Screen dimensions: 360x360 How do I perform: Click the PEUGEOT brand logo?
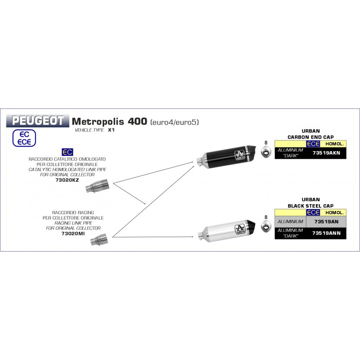[x=38, y=121]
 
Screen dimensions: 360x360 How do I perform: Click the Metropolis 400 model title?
[x=109, y=121]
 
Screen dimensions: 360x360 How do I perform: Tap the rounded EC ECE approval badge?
[x=24, y=138]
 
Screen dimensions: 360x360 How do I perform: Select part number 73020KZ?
[x=67, y=180]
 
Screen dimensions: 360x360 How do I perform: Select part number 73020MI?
[x=73, y=234]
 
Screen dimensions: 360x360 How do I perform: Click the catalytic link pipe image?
[x=97, y=185]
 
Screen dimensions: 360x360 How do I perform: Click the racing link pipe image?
[x=99, y=240]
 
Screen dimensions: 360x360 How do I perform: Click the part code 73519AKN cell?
[x=326, y=153]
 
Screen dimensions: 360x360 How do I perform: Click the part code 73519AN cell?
[x=326, y=221]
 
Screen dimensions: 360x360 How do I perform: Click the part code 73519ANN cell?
[x=326, y=233]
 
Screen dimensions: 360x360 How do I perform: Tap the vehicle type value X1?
[x=111, y=130]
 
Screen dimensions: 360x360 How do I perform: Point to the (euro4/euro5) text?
[x=175, y=122]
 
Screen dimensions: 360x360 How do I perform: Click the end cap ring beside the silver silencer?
[x=266, y=226]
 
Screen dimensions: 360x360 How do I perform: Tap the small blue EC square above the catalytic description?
[x=67, y=152]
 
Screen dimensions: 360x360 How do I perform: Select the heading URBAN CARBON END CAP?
[x=310, y=134]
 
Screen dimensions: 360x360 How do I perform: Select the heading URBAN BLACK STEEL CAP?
[x=310, y=203]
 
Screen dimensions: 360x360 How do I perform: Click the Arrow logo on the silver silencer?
[x=240, y=229]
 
